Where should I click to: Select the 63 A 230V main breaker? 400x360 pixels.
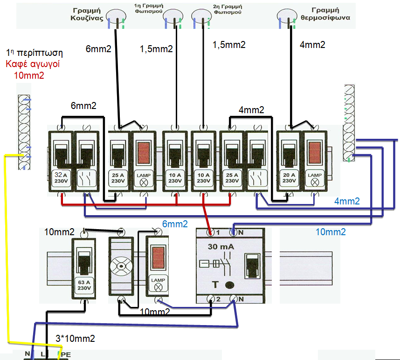tap(84, 268)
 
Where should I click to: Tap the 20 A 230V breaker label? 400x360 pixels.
tap(289, 177)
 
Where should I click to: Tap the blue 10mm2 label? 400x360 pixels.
tap(331, 232)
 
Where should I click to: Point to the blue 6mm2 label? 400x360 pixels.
tap(175, 224)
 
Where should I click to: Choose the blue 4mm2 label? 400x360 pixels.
tap(347, 201)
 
